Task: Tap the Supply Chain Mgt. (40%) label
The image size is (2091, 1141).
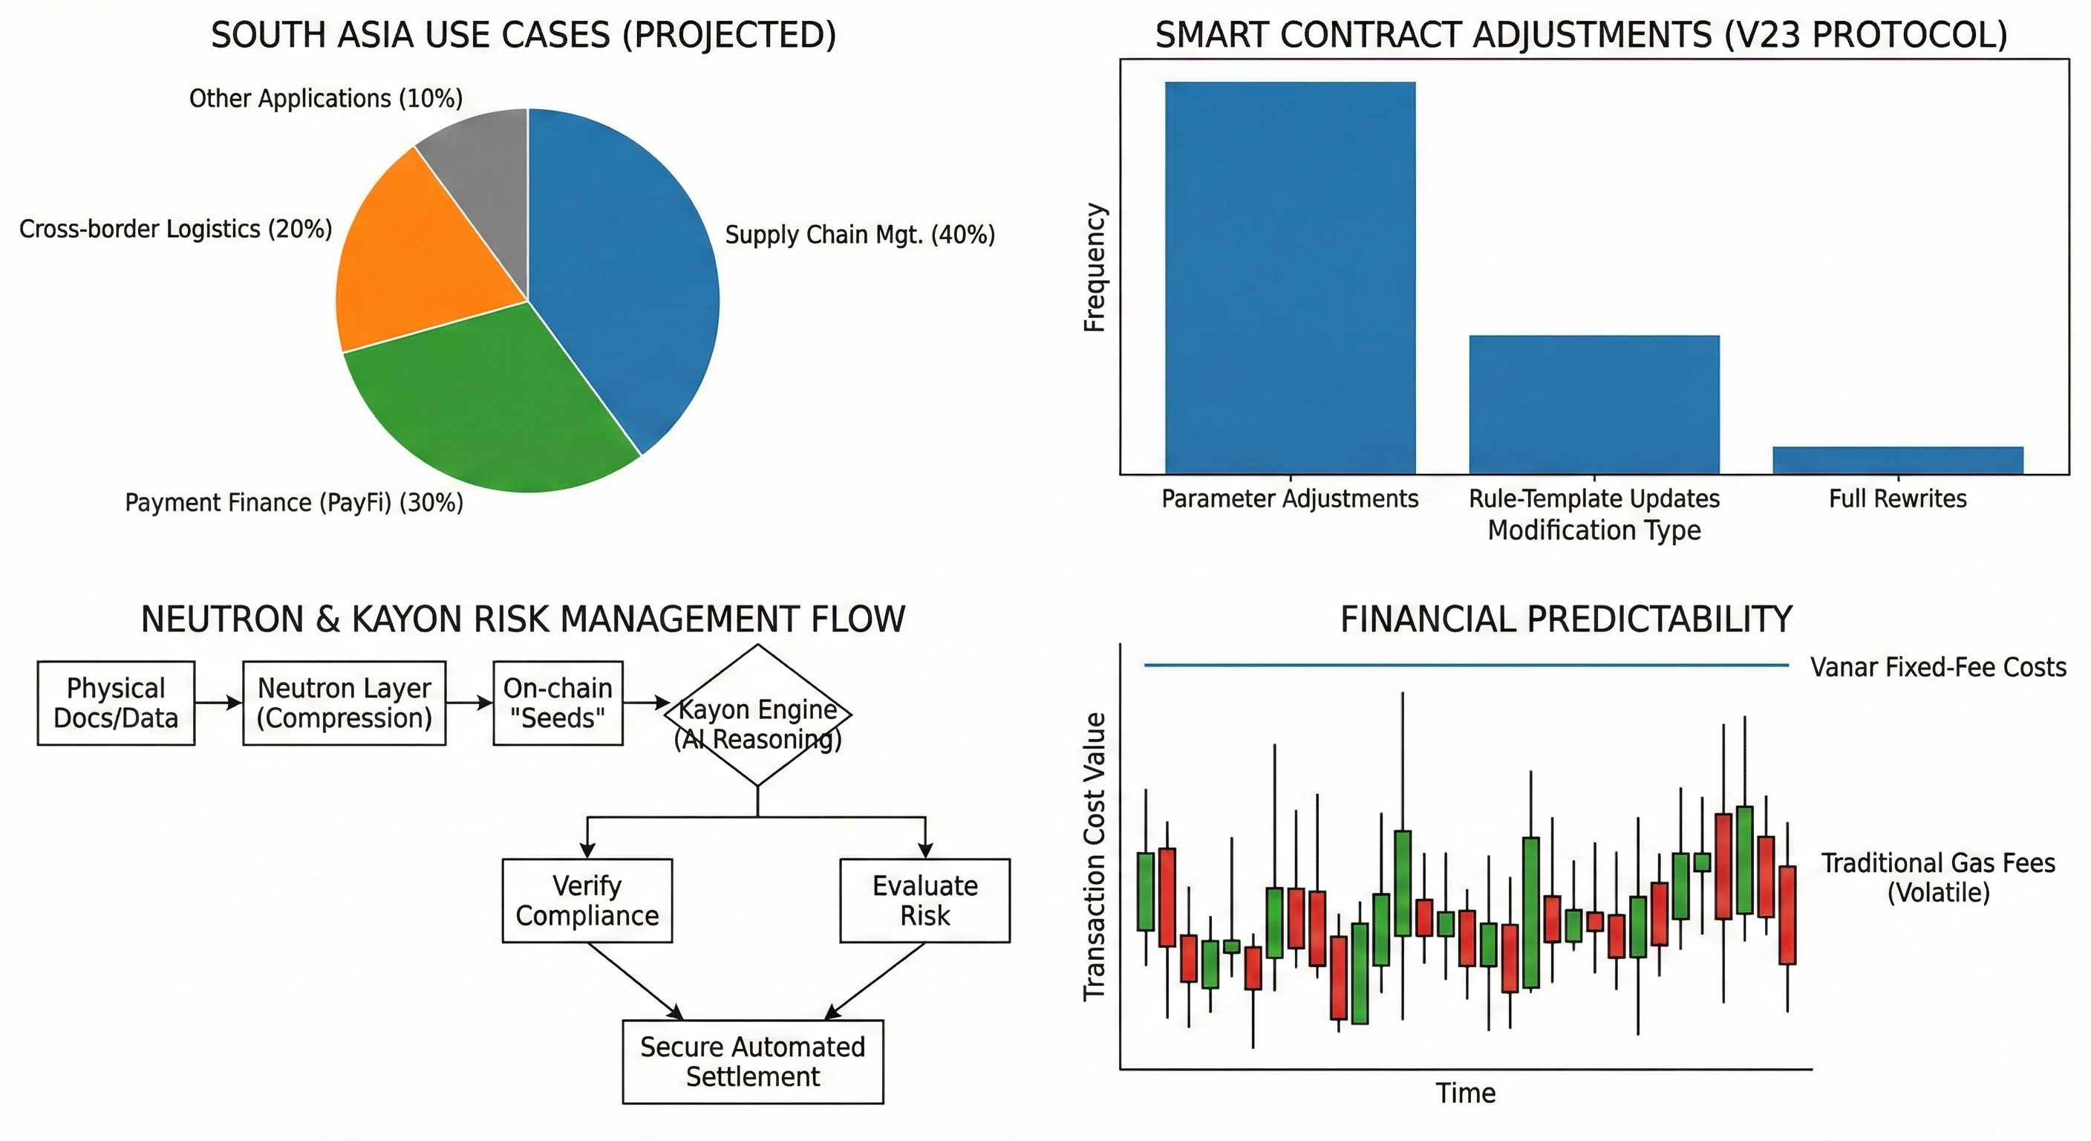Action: point(860,235)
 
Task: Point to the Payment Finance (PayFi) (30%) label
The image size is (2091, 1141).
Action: point(294,503)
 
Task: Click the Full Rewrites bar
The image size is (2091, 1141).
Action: point(1898,460)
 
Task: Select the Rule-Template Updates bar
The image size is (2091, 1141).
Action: point(1594,403)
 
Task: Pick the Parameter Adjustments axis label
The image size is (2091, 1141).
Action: point(1290,498)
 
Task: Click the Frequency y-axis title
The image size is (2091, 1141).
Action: point(1095,268)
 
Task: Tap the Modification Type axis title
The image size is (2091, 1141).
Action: point(1594,530)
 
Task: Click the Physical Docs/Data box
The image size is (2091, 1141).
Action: point(116,703)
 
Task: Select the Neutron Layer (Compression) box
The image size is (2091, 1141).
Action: point(345,703)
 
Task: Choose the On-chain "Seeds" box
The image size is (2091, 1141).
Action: point(558,703)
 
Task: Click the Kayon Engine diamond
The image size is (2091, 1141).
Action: point(757,715)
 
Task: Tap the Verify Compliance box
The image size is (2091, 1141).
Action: point(587,900)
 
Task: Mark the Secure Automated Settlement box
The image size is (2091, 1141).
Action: point(752,1062)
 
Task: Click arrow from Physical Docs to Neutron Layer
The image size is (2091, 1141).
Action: point(218,703)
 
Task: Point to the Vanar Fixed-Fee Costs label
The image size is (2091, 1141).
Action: point(1938,668)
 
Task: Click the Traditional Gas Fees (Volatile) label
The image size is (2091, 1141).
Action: point(1938,878)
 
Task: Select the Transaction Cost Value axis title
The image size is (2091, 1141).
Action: point(1095,856)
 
